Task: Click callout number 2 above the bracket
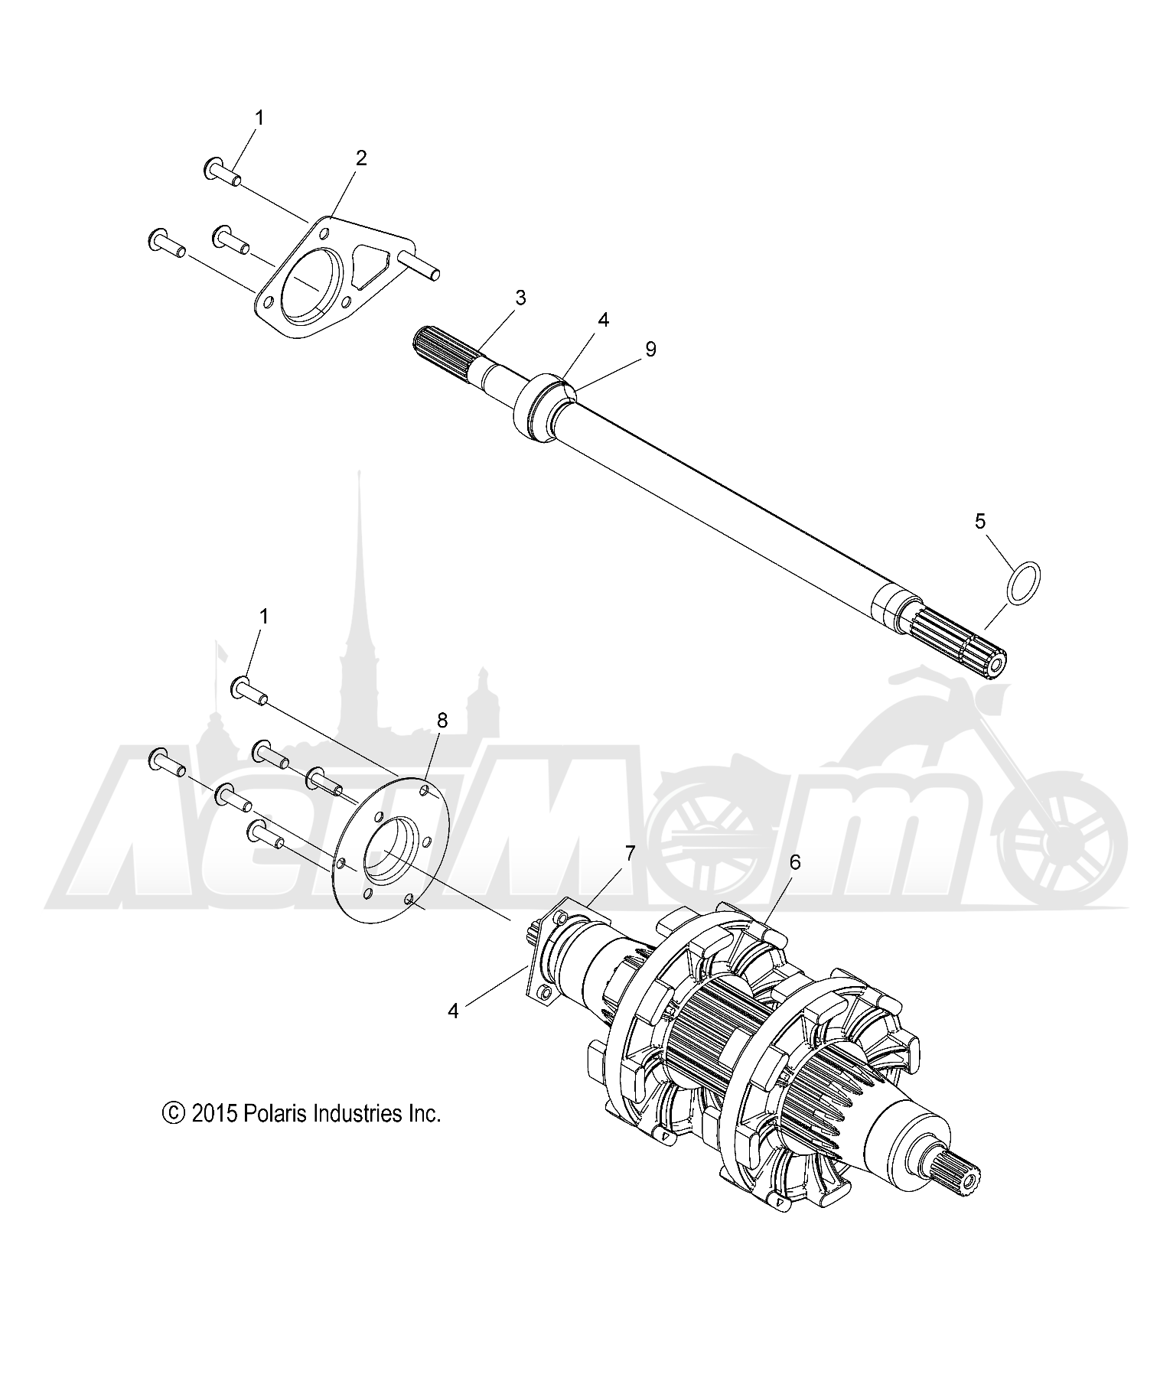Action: [x=361, y=158]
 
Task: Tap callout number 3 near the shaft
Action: [x=520, y=298]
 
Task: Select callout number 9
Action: [x=650, y=349]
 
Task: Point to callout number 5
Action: [x=980, y=521]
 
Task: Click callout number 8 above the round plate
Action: [x=442, y=720]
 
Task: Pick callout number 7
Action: [x=630, y=852]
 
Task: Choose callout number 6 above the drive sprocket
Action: [x=794, y=862]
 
